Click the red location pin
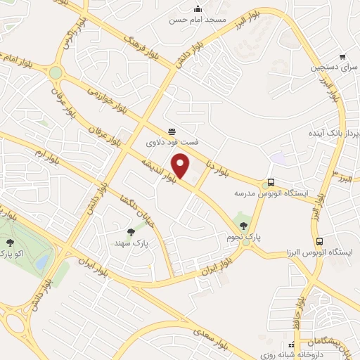tap(182, 166)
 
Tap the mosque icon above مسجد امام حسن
tap(198, 9)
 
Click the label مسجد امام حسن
tap(198, 20)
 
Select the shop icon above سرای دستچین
tap(342, 58)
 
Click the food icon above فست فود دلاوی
tap(172, 131)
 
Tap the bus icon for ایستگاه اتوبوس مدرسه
tap(272, 181)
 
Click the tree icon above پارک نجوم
tap(244, 226)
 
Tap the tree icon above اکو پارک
tap(8, 242)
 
